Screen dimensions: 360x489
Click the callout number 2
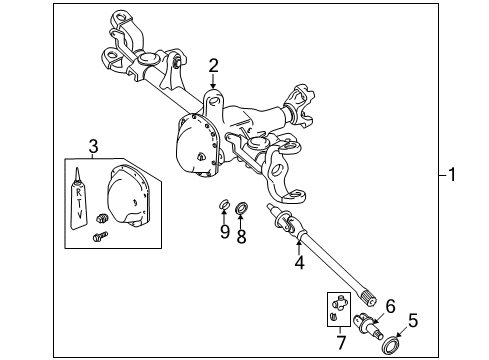coord(213,67)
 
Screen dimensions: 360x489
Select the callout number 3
coord(92,148)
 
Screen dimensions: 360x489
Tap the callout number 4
coord(298,265)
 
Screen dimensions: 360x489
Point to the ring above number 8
coord(241,209)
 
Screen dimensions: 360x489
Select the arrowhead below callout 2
coord(213,91)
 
